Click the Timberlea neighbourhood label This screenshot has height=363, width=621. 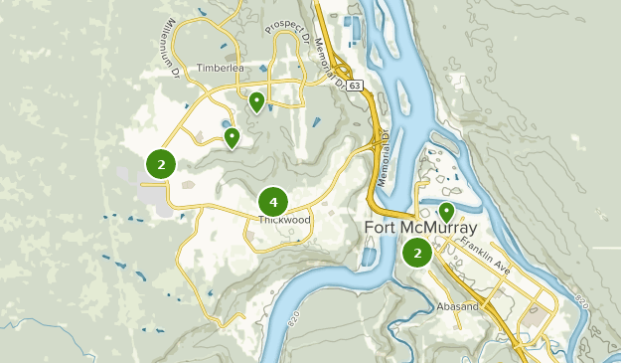[220, 69]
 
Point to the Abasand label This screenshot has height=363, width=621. [457, 307]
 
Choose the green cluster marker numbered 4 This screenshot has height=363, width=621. [272, 202]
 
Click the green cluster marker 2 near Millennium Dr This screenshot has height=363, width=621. [160, 163]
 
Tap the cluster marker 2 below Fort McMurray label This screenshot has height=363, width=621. [417, 253]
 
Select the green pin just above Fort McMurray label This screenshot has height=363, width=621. [446, 212]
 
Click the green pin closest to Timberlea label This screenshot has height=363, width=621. [256, 100]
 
